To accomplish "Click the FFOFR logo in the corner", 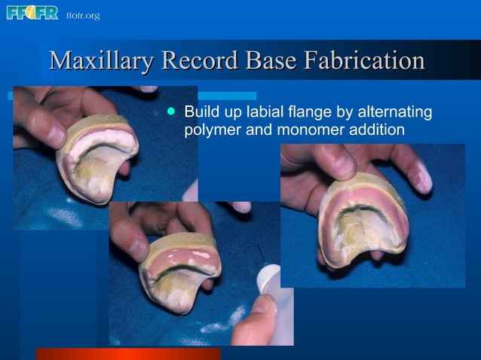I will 32,13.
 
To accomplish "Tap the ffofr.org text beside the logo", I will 82,15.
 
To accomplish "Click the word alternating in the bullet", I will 397,113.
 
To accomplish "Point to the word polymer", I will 212,130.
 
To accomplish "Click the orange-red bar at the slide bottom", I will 128,353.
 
